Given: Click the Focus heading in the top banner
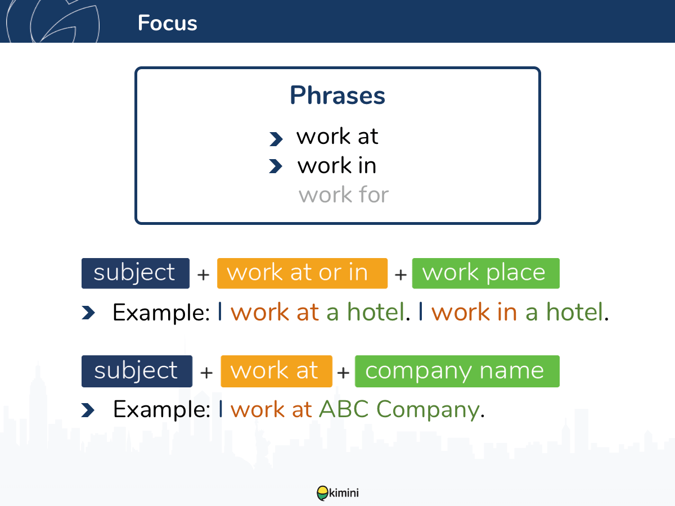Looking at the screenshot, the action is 167,23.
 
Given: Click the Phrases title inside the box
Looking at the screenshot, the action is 337,96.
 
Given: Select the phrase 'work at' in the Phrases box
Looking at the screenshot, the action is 337,136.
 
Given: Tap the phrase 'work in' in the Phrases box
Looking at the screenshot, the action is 337,165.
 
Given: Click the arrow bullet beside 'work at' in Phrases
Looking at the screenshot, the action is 276,139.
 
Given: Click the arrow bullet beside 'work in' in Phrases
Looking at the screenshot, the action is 276,166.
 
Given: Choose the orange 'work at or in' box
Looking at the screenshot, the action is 302,273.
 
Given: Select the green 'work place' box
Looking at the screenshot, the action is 485,273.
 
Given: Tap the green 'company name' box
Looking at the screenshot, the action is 457,371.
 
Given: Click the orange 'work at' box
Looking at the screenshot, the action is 276,371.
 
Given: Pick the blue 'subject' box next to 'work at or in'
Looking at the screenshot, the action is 136,273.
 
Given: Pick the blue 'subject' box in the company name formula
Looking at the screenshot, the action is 137,371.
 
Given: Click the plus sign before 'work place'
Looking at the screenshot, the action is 400,275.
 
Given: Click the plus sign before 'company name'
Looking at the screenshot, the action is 343,373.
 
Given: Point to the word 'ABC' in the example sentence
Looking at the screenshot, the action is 344,409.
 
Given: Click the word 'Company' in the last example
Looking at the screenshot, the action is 428,411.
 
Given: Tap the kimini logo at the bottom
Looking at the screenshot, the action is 337,493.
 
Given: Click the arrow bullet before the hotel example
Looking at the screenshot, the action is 88,313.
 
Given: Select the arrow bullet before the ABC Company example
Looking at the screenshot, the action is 88,410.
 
